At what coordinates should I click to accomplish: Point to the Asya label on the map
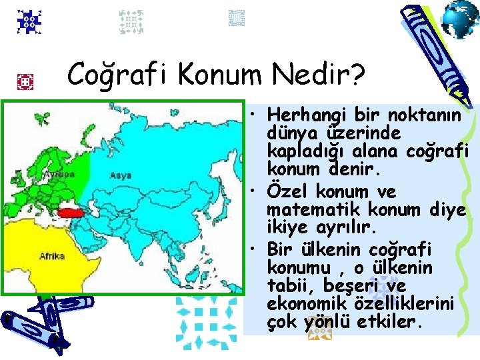[x=120, y=176]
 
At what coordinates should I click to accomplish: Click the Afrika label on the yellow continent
[x=52, y=255]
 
